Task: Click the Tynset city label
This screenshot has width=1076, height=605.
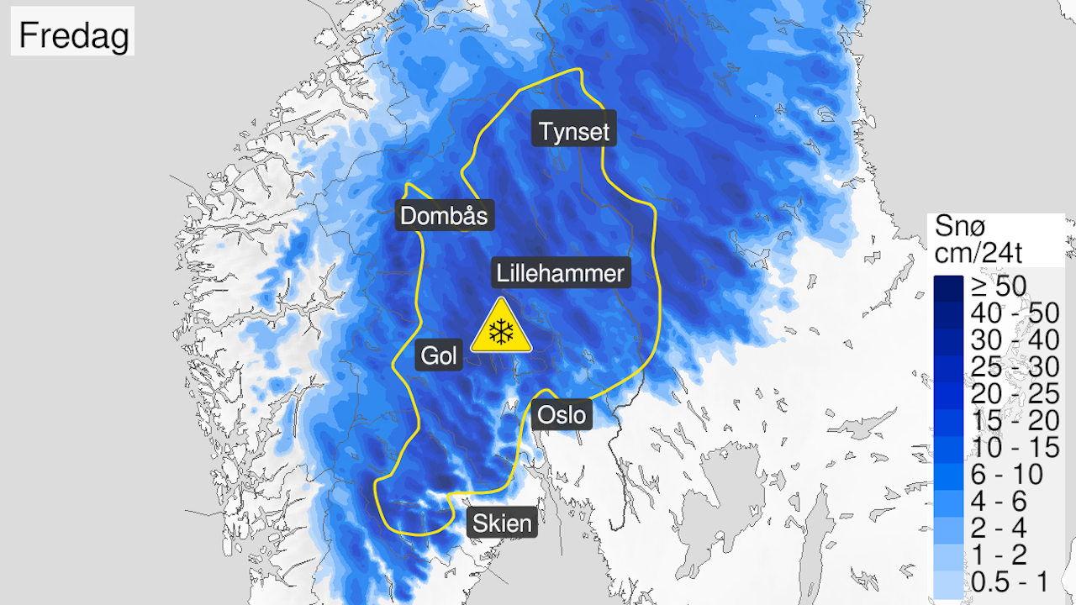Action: click(x=575, y=131)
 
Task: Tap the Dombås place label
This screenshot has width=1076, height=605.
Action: click(x=444, y=215)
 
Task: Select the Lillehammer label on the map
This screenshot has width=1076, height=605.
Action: click(x=561, y=273)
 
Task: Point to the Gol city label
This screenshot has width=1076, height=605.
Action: click(x=439, y=356)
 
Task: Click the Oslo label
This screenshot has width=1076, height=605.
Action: click(x=562, y=414)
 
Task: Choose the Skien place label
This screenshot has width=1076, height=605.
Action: click(x=502, y=523)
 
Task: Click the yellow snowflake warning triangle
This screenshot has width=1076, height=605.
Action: click(x=502, y=328)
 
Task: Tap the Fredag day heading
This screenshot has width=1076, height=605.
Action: click(x=73, y=35)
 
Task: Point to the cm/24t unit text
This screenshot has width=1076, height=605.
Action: click(x=983, y=252)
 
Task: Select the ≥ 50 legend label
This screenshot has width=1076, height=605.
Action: click(x=999, y=286)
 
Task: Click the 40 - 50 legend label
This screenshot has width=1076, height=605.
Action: click(x=1006, y=313)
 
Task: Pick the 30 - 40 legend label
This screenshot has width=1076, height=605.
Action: click(x=1006, y=339)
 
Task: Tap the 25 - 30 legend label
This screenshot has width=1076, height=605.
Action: click(x=1006, y=366)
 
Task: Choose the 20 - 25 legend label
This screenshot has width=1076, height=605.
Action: click(x=1006, y=393)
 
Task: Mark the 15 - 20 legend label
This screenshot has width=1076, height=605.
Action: click(x=1006, y=420)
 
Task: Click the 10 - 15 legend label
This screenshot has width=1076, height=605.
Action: click(x=1006, y=447)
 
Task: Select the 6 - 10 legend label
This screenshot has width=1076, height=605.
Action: click(x=1000, y=474)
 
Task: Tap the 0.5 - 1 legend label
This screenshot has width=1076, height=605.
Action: click(x=1006, y=581)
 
